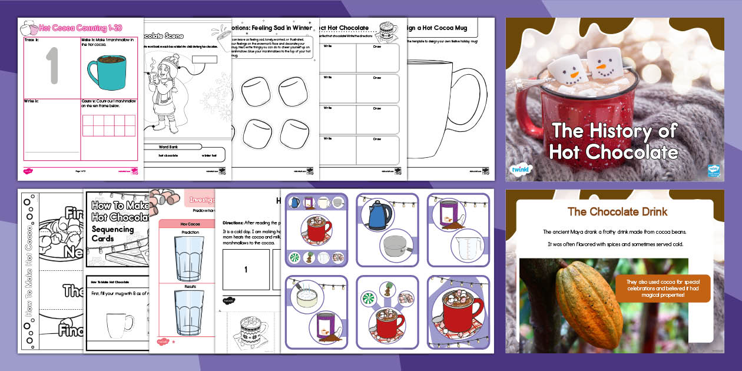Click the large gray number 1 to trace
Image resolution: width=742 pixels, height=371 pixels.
point(52,66)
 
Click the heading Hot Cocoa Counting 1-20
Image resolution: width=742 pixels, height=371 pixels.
point(82,27)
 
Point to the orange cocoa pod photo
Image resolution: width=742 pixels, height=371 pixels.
point(589,306)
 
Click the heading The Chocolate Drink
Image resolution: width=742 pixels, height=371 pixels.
point(617,211)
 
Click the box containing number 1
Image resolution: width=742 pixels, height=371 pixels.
point(246,270)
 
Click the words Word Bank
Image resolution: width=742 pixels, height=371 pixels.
point(171,147)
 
